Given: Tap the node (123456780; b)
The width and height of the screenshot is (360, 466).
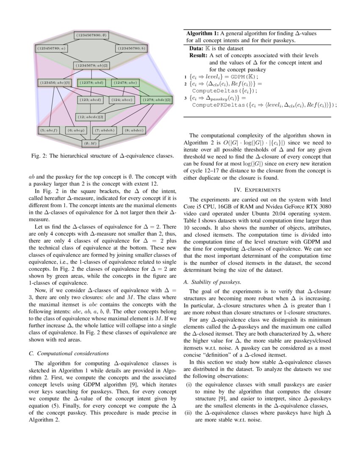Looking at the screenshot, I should pos(131,49).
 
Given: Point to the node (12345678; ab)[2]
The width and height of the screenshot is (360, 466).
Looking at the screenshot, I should pos(92,66).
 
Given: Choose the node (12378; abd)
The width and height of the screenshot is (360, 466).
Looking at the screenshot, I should pos(91,83).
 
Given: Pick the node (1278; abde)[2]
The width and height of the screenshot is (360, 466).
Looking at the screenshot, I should pos(156,100).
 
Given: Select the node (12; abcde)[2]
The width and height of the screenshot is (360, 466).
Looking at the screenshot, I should pos(91,116).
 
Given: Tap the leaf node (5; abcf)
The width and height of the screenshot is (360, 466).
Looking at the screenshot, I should pos(49,130).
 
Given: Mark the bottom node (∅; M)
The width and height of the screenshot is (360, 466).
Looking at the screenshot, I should pos(90,144).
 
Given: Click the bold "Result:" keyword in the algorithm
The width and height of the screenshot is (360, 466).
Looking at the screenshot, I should pos(198,55).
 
